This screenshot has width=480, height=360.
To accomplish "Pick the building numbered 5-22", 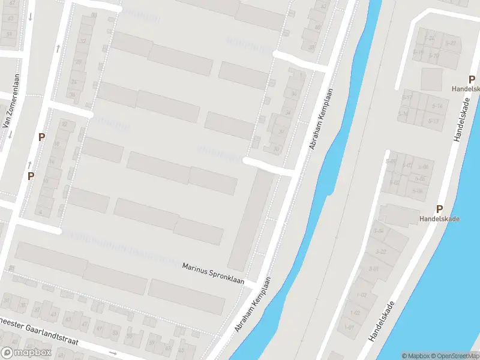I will click(451, 43).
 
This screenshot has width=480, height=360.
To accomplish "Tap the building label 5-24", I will click(429, 38).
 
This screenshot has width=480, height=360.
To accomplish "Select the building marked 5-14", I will click(436, 106).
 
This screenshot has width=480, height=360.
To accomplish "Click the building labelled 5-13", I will click(434, 121).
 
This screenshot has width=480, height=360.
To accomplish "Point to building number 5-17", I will click(407, 97).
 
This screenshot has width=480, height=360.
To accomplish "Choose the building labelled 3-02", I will click(380, 251).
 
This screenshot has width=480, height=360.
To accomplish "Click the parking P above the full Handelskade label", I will click(439, 209).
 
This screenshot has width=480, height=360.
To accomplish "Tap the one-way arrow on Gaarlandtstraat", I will click(113, 353).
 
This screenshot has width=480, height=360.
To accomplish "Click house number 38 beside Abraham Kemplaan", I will click(311, 47).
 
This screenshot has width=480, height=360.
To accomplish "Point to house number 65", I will click(10, 18).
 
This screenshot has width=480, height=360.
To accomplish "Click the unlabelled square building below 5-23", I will click(431, 79).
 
